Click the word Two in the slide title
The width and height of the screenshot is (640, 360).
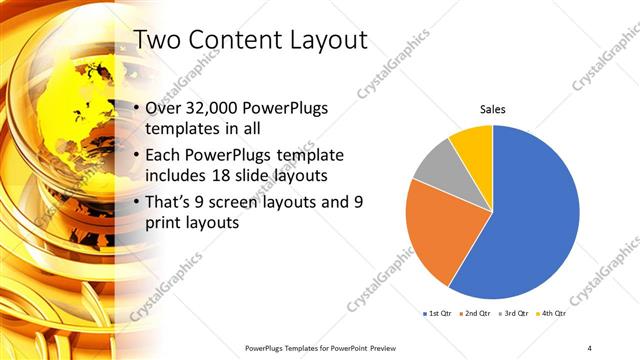(x=157, y=41)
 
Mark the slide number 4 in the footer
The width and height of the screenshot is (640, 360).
(x=591, y=347)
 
